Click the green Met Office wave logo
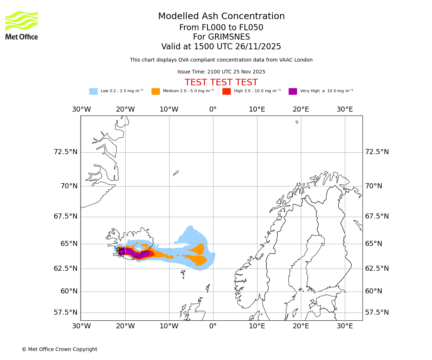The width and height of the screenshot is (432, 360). coord(22,21)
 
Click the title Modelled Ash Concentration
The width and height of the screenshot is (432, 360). coord(221,16)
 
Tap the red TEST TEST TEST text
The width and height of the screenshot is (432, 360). coord(221,82)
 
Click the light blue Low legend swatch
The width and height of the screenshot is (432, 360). coord(93,91)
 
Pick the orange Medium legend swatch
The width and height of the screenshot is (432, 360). coord(156,91)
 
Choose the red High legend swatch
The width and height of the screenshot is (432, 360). coord(226,91)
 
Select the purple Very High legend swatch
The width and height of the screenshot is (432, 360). coord(293,91)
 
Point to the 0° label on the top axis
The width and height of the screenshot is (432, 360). coord(213,109)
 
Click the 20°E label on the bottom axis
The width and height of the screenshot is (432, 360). coord(301,326)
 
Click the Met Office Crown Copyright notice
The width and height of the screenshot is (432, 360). coord(59,349)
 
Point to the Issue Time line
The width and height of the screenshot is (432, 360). coord(221,72)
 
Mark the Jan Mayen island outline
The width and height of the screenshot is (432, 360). coord(176,173)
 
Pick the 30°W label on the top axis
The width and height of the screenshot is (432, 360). coord(81,109)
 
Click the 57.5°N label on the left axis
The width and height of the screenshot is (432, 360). coord(66,312)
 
